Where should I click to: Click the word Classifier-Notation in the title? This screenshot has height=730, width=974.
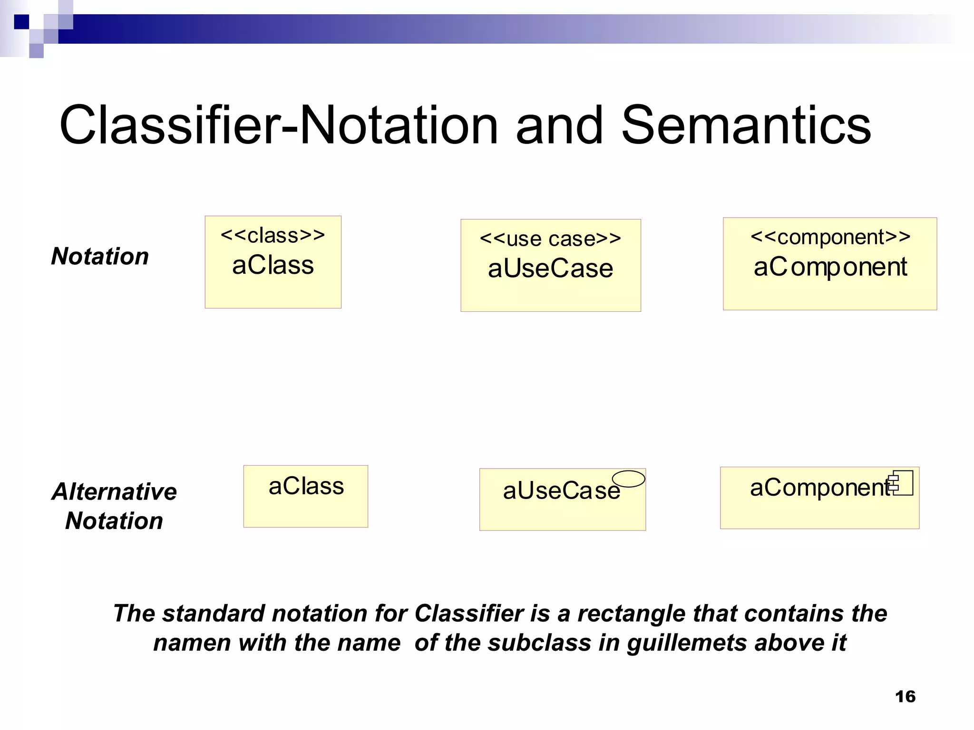[278, 125]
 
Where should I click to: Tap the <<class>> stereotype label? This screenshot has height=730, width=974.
[273, 235]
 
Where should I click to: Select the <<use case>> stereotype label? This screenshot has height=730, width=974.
[550, 239]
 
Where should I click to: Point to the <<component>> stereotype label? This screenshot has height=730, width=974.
[830, 237]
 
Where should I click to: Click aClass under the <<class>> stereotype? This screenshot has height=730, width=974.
[273, 265]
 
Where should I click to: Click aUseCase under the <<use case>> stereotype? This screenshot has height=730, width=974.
[550, 269]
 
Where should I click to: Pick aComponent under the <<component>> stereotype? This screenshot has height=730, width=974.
[830, 267]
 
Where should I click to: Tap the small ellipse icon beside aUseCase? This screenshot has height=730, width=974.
[628, 479]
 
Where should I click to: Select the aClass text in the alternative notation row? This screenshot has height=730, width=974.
[306, 486]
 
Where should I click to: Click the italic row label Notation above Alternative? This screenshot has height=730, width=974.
[100, 256]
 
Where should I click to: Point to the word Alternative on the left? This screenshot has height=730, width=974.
[114, 491]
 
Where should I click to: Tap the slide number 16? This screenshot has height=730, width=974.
[905, 697]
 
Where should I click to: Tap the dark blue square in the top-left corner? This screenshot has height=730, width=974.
[21, 21]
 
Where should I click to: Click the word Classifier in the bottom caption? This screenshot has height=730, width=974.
[469, 613]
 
